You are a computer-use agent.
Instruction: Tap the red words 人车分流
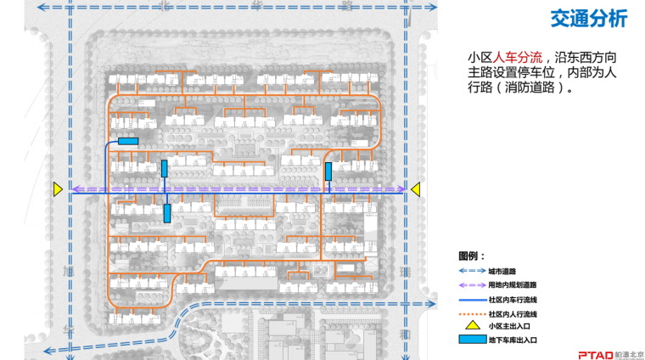pos(520,56)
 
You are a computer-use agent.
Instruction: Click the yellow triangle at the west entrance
pos(58,190)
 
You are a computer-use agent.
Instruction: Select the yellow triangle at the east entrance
pos(416,190)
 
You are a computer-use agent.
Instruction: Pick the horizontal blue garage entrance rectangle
pos(128,141)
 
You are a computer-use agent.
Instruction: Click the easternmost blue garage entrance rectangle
pos(328,171)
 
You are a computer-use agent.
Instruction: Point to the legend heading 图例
pos(471,256)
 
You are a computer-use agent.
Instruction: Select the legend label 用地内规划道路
pos(513,284)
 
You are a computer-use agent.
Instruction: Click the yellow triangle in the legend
pos(469,325)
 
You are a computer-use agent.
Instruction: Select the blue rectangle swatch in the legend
pos(469,340)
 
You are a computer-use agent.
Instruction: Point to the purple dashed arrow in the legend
pos(469,284)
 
